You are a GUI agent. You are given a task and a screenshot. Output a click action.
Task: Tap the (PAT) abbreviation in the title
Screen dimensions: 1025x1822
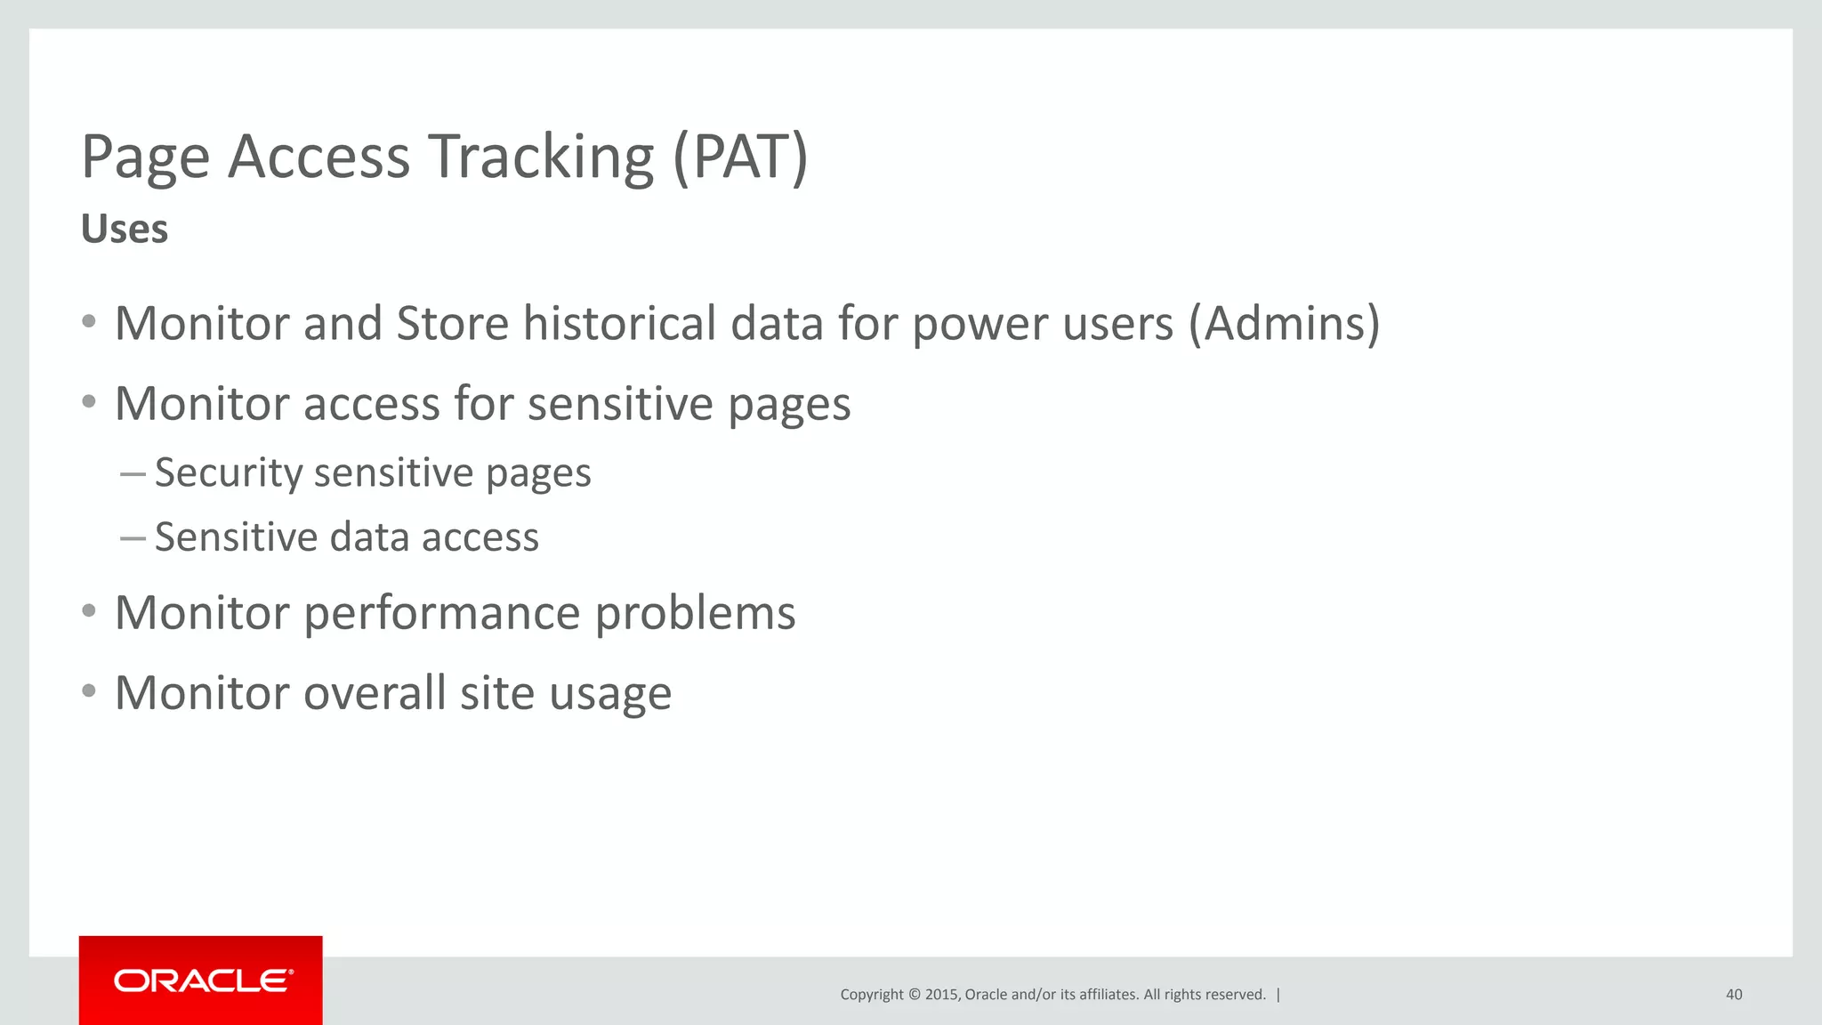(x=740, y=157)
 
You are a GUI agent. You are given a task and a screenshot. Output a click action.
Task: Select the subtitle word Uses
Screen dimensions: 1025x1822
(x=125, y=229)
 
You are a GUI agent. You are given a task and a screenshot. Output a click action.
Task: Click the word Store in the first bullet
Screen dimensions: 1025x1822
(x=452, y=323)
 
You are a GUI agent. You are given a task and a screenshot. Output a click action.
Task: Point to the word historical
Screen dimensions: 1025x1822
(x=619, y=323)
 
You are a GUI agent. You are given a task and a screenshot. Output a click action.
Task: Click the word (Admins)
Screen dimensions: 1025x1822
(x=1285, y=323)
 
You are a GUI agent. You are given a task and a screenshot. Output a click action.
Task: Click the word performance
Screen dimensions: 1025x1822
(x=442, y=614)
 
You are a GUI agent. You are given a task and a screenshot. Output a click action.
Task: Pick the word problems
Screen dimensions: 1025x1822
(x=695, y=614)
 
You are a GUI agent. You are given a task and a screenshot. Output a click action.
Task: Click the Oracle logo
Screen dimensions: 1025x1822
(x=202, y=981)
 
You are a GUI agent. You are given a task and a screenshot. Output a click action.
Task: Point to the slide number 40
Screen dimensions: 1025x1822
(x=1734, y=995)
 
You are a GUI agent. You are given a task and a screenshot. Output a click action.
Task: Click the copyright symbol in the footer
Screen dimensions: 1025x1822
(x=913, y=995)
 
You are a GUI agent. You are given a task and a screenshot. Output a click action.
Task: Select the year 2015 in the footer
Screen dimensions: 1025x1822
(x=941, y=995)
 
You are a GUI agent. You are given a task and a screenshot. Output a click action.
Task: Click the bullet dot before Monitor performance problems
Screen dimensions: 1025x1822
(x=88, y=611)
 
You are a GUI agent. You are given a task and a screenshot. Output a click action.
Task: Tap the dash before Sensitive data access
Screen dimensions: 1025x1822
(x=133, y=538)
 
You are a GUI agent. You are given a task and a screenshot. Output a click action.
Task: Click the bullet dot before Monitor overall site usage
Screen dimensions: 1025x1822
(x=88, y=690)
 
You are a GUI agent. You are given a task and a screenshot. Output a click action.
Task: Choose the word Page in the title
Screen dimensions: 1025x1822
(x=145, y=157)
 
